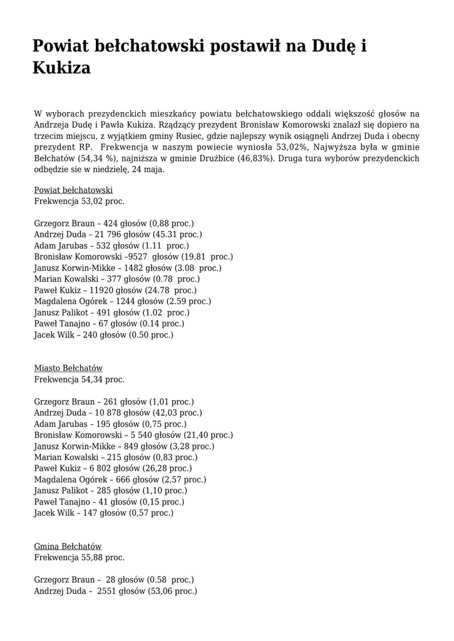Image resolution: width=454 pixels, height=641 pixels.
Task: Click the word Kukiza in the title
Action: point(61,68)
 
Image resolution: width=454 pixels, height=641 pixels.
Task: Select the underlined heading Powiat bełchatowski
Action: point(73,190)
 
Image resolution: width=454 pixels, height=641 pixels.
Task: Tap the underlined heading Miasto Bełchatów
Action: point(68,368)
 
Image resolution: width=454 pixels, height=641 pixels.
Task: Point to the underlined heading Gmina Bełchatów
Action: point(68,546)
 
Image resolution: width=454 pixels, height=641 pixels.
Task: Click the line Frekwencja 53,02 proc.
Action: point(79,202)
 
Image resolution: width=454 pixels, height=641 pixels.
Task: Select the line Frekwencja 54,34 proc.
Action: point(79,379)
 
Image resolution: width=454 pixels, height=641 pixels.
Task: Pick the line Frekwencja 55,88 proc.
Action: point(79,558)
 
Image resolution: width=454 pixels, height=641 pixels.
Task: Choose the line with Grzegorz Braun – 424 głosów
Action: point(113,223)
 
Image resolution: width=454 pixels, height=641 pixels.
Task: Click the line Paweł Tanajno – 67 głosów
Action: point(108,324)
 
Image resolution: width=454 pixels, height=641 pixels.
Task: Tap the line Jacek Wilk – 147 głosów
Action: point(103,513)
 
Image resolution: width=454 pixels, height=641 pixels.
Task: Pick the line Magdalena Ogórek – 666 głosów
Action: point(120,479)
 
